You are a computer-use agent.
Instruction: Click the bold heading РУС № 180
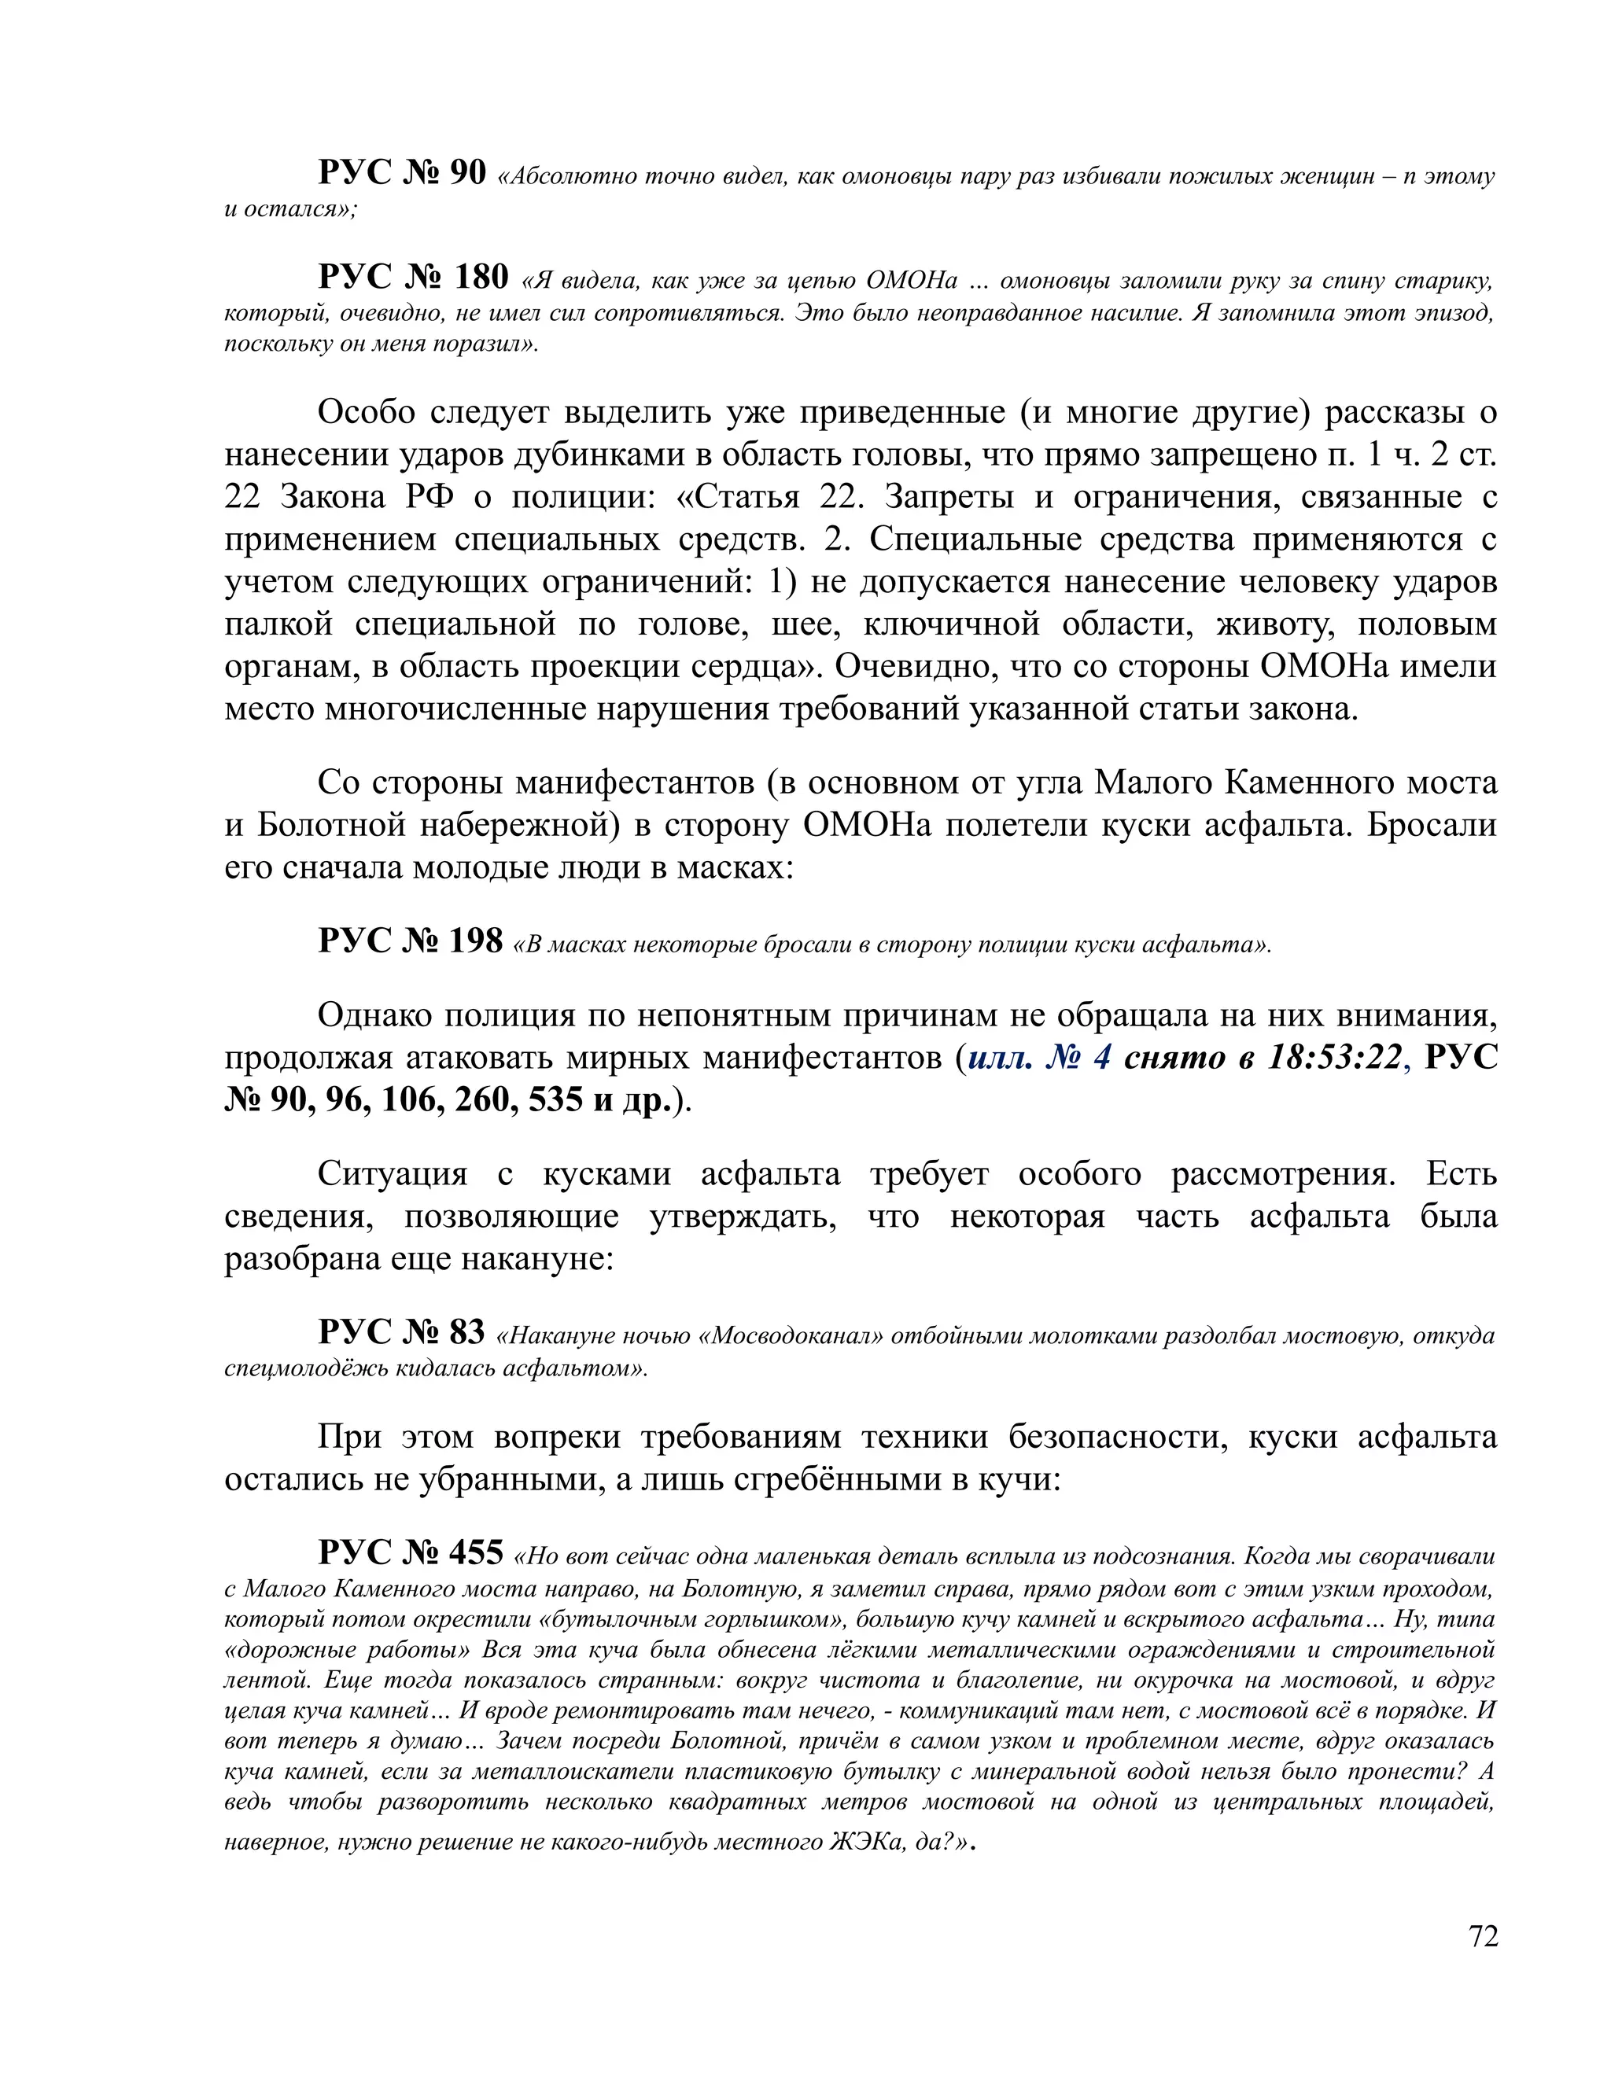(x=412, y=277)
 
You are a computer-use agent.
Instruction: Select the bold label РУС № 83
(x=401, y=1331)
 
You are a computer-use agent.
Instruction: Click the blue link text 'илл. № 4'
(x=1038, y=1057)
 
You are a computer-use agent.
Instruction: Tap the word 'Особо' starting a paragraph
(x=367, y=412)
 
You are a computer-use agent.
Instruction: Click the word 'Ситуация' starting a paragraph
(x=391, y=1173)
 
